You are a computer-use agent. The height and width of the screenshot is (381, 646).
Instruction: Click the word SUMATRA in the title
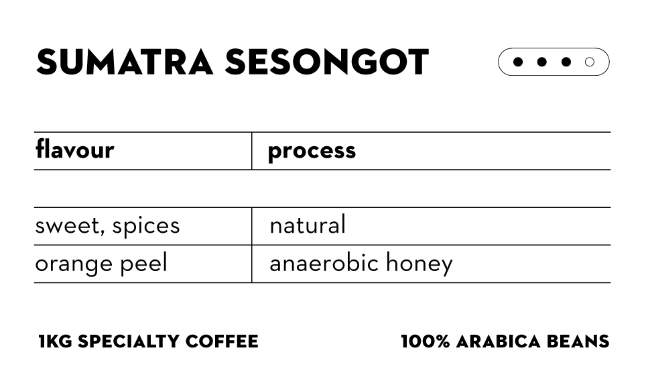coord(125,62)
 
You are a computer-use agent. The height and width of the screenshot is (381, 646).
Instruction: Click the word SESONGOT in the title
coord(327,62)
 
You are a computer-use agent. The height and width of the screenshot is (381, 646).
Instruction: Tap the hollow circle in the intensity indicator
coord(590,62)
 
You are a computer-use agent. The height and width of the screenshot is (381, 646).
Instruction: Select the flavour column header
coord(74,150)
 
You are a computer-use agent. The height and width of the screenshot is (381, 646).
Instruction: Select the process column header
coord(312,151)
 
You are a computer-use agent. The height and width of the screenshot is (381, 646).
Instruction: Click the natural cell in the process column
coord(308,225)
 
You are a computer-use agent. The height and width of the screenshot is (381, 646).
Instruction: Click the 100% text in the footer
coord(425,341)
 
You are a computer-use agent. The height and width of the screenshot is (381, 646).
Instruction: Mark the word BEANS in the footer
coord(581,341)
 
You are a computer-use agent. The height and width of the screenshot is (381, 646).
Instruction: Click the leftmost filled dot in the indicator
coord(518,62)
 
